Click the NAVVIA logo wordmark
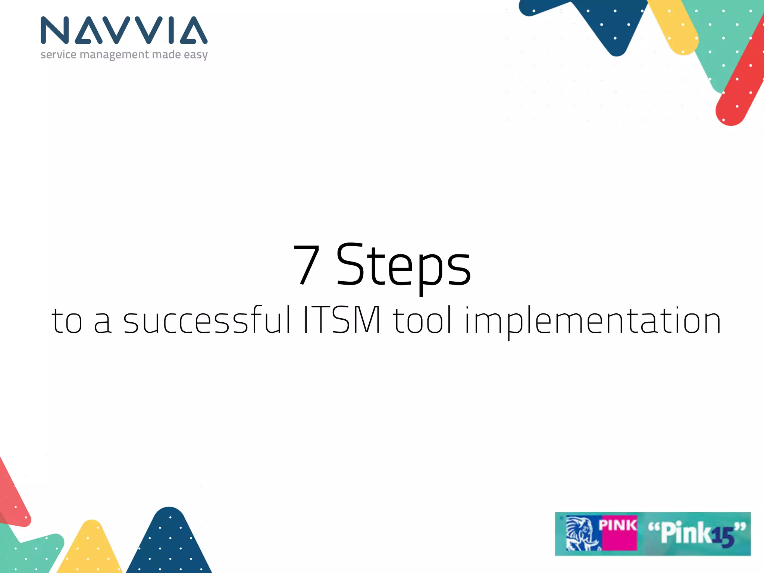click(124, 30)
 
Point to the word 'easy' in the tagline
click(195, 55)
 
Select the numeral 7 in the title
click(307, 265)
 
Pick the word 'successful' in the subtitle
click(207, 320)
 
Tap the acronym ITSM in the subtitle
click(342, 320)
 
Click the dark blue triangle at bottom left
click(170, 545)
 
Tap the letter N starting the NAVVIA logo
click(55, 30)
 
